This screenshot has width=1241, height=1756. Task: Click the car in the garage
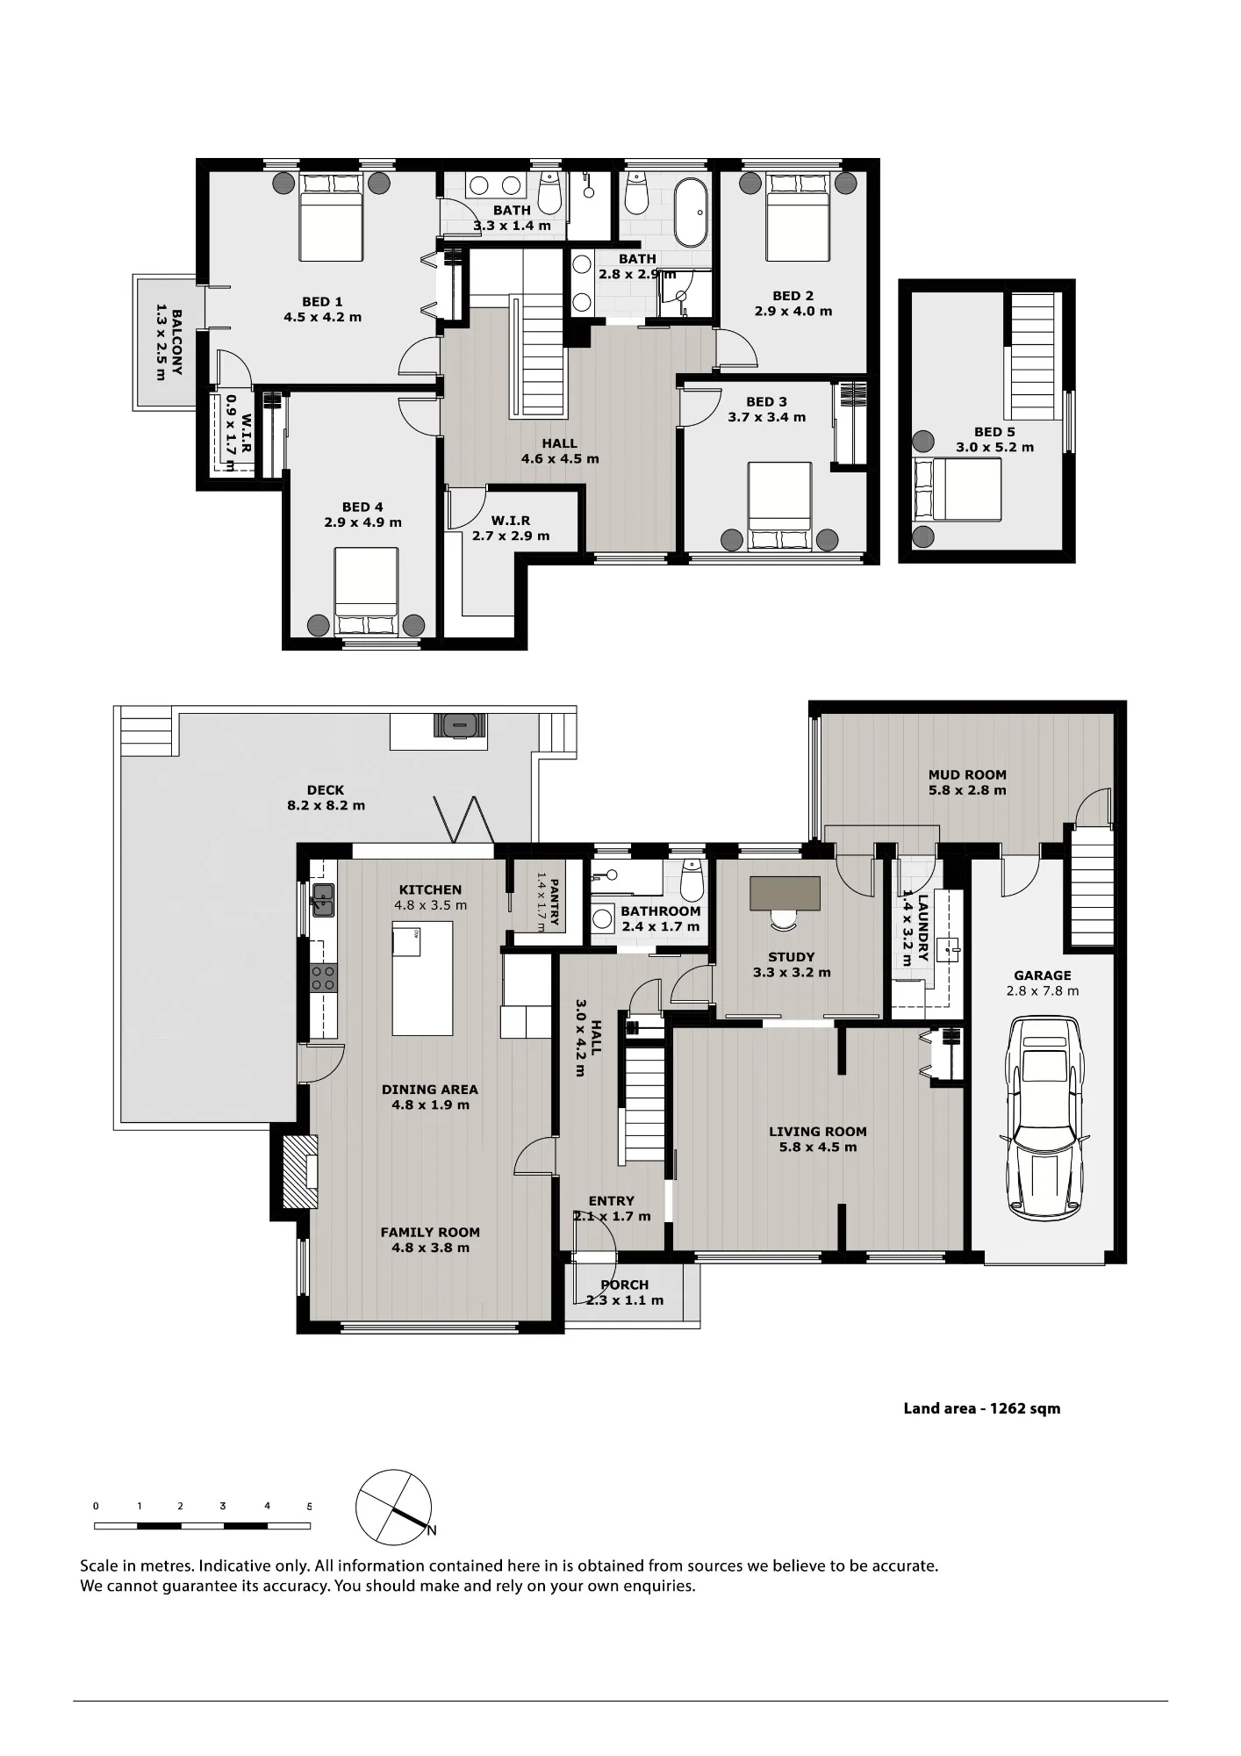[x=1043, y=1118]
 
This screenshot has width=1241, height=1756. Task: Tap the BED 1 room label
[x=322, y=302]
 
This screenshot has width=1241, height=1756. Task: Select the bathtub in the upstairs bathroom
[x=691, y=212]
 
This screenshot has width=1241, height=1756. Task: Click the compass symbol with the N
[x=394, y=1507]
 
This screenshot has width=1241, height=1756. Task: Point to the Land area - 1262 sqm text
[x=982, y=1408]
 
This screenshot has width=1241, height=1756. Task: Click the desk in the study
[x=785, y=893]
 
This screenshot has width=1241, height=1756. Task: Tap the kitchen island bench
[x=422, y=978]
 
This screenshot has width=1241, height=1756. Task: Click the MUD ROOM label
[x=967, y=774]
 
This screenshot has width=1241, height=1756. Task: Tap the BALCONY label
[x=176, y=342]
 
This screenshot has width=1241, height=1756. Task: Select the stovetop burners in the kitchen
[x=323, y=978]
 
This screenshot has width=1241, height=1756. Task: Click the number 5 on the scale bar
[x=309, y=1507]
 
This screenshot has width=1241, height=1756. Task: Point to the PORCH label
[x=625, y=1285]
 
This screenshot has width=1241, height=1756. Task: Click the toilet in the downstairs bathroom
[x=692, y=882]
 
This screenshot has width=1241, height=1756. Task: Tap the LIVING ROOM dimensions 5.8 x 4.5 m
[x=817, y=1147]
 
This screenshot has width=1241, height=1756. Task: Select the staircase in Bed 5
[x=1032, y=356]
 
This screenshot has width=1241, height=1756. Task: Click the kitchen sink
[x=322, y=900]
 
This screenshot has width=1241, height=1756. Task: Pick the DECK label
[x=326, y=790]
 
